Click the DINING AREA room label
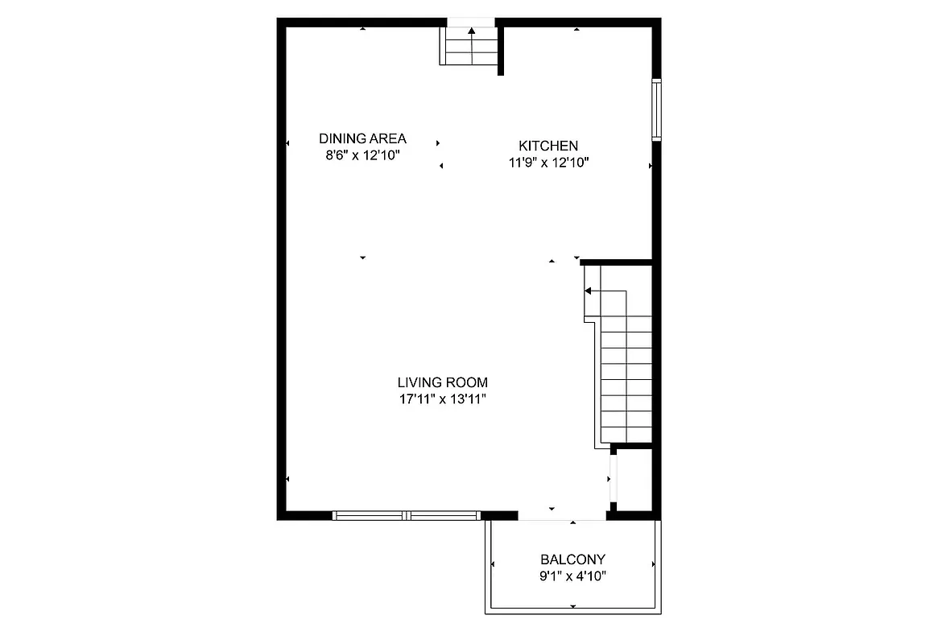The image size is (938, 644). pos(362,138)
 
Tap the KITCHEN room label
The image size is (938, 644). pos(548,146)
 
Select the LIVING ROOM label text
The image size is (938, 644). pos(442,382)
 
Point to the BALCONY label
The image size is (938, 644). pos(572,559)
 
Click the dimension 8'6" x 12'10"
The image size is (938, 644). pos(362,155)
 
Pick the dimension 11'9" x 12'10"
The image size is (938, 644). pos(548,163)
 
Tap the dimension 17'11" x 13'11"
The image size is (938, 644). pos(442,398)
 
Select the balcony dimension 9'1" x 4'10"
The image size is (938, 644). pos(572,576)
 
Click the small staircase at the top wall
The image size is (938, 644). pos(469,47)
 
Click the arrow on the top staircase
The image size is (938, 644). pos(470,31)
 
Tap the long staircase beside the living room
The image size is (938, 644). pos(626,378)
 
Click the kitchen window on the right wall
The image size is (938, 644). pos(657,109)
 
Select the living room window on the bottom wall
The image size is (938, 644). pos(407,515)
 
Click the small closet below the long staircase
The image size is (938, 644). pos(634,479)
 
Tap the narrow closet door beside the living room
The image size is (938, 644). pos(614,479)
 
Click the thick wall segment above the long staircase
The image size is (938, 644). pos(616,262)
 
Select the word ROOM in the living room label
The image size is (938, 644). pos(469,382)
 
